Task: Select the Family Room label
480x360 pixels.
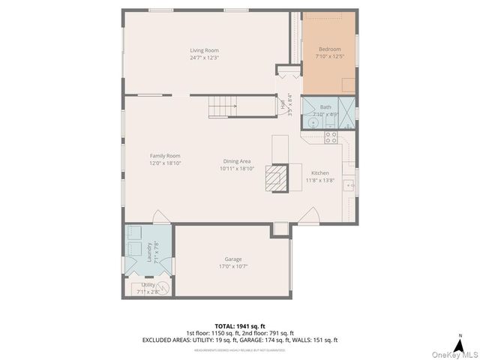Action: pos(165,155)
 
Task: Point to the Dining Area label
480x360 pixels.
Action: pos(237,161)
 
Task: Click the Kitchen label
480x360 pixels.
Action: pos(319,172)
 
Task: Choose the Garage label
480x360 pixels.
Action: pos(232,259)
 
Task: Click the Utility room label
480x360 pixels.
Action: pos(147,285)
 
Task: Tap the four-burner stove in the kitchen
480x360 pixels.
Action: pos(330,137)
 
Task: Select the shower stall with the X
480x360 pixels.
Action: pos(347,106)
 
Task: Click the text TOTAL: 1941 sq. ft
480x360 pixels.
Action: pos(239,325)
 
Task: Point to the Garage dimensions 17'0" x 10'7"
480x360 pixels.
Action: pos(232,266)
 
